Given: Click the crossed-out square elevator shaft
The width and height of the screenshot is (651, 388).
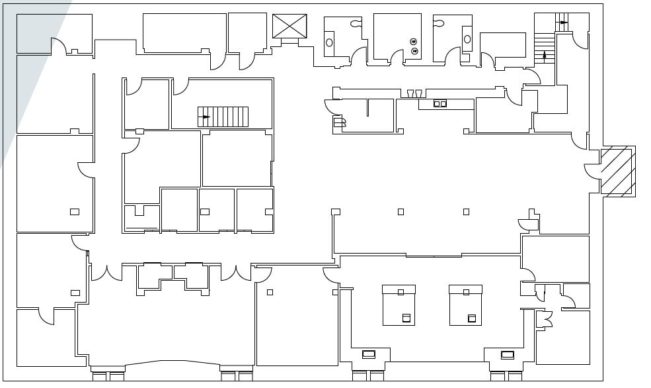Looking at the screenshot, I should click(289, 26).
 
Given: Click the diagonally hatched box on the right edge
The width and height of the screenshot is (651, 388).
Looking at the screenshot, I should click(617, 171).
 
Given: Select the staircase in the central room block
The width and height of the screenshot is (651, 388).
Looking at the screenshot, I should click(223, 117).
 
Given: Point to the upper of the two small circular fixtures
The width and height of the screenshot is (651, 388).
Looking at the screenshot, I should click(414, 41).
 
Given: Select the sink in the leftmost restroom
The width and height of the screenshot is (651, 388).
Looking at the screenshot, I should click(329, 43).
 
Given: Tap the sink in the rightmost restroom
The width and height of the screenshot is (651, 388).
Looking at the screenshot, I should click(467, 39).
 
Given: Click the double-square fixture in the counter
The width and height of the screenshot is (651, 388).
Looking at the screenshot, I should click(440, 103).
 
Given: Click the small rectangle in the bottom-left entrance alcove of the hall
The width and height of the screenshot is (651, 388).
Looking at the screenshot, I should click(369, 354).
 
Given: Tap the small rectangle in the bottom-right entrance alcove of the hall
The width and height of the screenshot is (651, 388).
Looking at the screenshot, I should click(507, 354).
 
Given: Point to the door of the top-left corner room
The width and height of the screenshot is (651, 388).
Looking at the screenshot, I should click(58, 45).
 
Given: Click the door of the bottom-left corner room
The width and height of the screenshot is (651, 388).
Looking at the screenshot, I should click(46, 316).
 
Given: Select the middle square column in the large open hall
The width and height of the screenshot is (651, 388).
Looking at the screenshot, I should click(401, 212).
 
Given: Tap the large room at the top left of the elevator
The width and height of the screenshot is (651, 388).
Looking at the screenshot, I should click(184, 32).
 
